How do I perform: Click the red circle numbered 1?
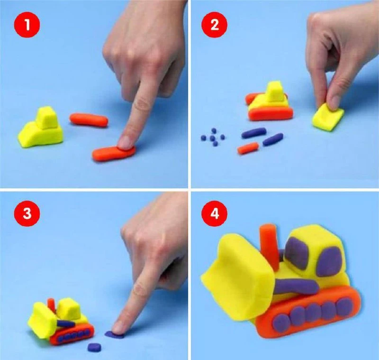pyautogui.click(x=27, y=25)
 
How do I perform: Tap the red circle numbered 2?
pyautogui.click(x=215, y=25)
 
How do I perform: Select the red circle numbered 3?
pyautogui.click(x=27, y=213)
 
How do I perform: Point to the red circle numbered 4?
pyautogui.click(x=215, y=213)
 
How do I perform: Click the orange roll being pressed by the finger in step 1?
pyautogui.click(x=114, y=153)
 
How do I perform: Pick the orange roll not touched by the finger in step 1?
pyautogui.click(x=89, y=120)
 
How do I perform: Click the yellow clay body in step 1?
pyautogui.click(x=41, y=128)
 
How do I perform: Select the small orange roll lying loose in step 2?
pyautogui.click(x=248, y=148)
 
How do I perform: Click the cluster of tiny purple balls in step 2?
pyautogui.click(x=213, y=138)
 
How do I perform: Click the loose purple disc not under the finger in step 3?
pyautogui.click(x=94, y=347)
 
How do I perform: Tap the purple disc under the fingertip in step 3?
pyautogui.click(x=114, y=334)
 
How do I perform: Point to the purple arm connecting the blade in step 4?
pyautogui.click(x=296, y=286)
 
